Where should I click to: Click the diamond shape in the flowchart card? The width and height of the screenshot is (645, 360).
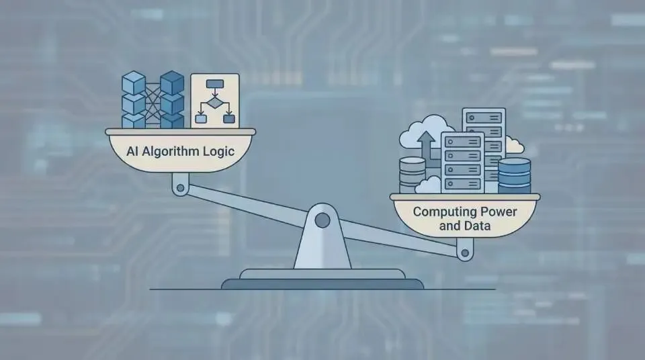point(214,103)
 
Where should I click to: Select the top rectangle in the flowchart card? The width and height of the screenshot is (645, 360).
point(215,85)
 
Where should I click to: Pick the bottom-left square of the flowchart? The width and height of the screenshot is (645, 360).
point(200,119)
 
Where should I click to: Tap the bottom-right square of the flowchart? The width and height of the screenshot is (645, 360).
point(229,119)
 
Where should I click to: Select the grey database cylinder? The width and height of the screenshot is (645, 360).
point(412,173)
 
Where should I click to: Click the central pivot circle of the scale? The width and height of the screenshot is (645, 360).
point(322,220)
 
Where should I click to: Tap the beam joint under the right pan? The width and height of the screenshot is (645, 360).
point(464,253)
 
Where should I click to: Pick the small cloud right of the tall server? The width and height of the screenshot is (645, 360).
point(514,145)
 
